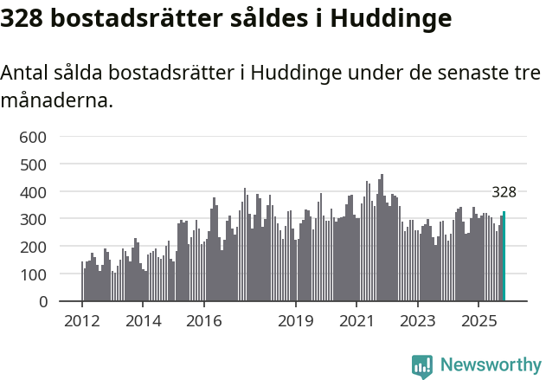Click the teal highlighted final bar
504,257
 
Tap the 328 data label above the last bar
504,192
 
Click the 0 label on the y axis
41,302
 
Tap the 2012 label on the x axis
82,322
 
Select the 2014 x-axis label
143,322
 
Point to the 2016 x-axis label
203,322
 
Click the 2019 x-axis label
295,322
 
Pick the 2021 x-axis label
356,322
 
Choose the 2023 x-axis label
417,322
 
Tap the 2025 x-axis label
478,322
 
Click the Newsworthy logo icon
422,366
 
